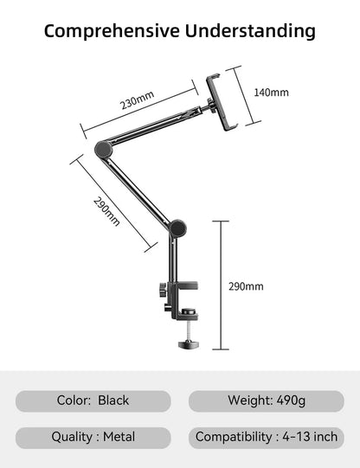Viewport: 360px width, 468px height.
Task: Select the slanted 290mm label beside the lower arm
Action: pos(106,212)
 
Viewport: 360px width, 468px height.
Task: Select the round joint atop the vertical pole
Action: pos(178,228)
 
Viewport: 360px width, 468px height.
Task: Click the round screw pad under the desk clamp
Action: pos(188,344)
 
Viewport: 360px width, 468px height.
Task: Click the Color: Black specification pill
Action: pos(93,401)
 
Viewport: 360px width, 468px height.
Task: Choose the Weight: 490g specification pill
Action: pos(267,401)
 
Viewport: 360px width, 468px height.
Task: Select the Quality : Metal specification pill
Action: pos(93,437)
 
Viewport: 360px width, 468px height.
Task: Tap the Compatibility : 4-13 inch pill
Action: pos(267,437)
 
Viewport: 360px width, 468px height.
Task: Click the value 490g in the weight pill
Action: pos(290,401)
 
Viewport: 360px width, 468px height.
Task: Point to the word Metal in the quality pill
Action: pos(119,437)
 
